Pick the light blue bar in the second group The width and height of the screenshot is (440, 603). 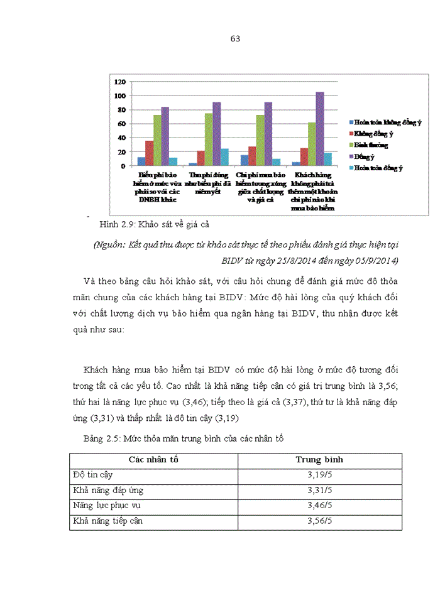224,157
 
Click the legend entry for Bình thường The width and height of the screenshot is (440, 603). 371,145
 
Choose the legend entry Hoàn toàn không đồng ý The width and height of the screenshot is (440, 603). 384,122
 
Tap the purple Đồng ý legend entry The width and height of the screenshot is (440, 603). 365,156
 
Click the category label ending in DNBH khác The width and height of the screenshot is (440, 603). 157,187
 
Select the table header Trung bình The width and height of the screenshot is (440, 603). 319,460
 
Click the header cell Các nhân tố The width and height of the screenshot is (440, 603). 153,460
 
